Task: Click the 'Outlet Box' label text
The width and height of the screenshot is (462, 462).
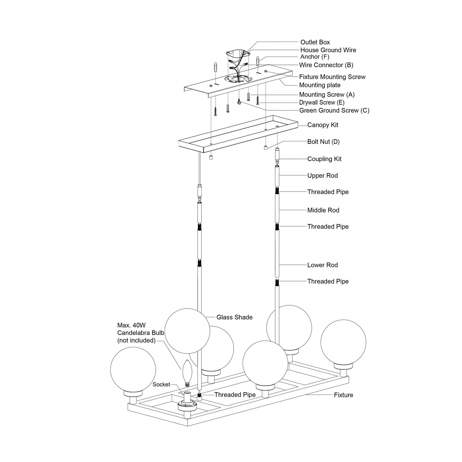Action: coord(315,42)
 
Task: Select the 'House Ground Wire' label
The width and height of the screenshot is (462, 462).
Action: coord(328,50)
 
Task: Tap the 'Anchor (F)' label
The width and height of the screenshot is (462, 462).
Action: coord(314,57)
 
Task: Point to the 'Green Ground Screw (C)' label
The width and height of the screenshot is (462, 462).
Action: coord(334,111)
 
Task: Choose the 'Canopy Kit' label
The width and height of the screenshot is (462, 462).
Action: coord(322,125)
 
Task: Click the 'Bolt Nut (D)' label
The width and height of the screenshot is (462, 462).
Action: coord(323,142)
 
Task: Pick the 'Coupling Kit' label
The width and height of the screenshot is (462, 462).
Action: coord(324,159)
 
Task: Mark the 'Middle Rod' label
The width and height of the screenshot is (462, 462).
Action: coord(323,210)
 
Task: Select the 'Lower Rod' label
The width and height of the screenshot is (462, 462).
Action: coord(322,265)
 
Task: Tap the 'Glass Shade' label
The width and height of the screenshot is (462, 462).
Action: coord(234,317)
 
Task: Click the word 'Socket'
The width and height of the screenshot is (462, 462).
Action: coord(161,384)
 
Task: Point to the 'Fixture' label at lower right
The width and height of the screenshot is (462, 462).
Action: coord(343,395)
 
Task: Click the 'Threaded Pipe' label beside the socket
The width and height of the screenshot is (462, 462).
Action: coord(235,395)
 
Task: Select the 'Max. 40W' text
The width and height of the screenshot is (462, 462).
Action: coord(131,325)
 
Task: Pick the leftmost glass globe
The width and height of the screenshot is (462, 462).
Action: coord(133,369)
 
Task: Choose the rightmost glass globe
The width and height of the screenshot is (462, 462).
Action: coord(343,342)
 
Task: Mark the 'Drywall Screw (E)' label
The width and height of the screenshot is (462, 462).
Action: coord(321,103)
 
